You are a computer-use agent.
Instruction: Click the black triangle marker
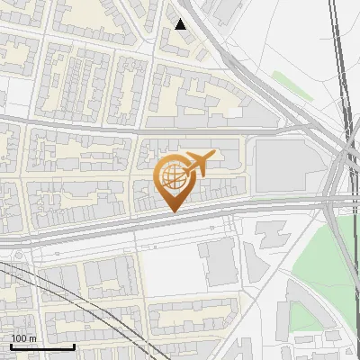181,24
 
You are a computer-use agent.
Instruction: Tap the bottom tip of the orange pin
174,211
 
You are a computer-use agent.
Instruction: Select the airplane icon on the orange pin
198,165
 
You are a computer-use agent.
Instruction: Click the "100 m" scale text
24,338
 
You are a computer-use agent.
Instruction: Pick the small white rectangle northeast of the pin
233,113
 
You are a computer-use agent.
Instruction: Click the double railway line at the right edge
340,54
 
